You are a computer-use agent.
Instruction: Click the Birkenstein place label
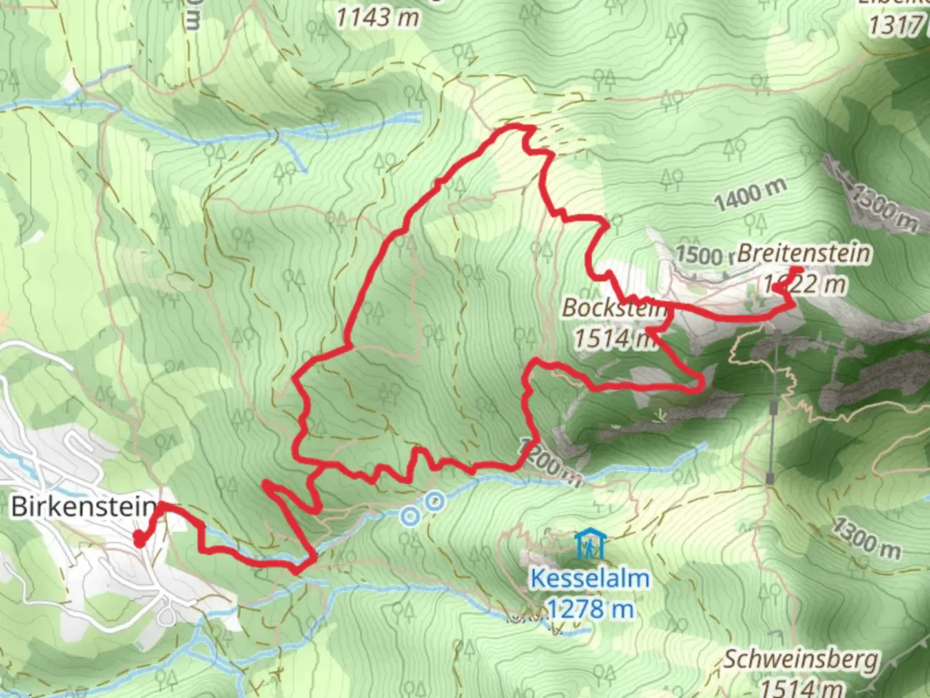(83, 506)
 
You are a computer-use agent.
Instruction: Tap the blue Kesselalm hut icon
(589, 544)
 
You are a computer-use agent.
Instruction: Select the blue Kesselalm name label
(590, 578)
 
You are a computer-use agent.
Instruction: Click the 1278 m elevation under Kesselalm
(590, 608)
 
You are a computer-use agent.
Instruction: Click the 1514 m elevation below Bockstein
(612, 337)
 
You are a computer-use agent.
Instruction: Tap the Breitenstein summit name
(803, 253)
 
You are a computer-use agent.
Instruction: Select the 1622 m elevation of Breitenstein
(803, 284)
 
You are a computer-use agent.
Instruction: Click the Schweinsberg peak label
(801, 660)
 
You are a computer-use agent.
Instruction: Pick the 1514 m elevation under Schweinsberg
(801, 686)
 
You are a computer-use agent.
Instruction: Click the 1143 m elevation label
(377, 17)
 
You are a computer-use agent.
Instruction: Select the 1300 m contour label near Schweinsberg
(865, 538)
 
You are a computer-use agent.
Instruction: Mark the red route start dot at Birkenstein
(139, 538)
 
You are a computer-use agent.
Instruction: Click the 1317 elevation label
(896, 26)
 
